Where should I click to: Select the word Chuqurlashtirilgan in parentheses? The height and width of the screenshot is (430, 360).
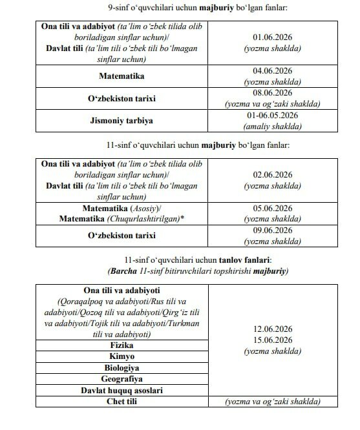point(145,220)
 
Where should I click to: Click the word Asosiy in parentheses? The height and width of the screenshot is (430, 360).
point(148,209)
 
